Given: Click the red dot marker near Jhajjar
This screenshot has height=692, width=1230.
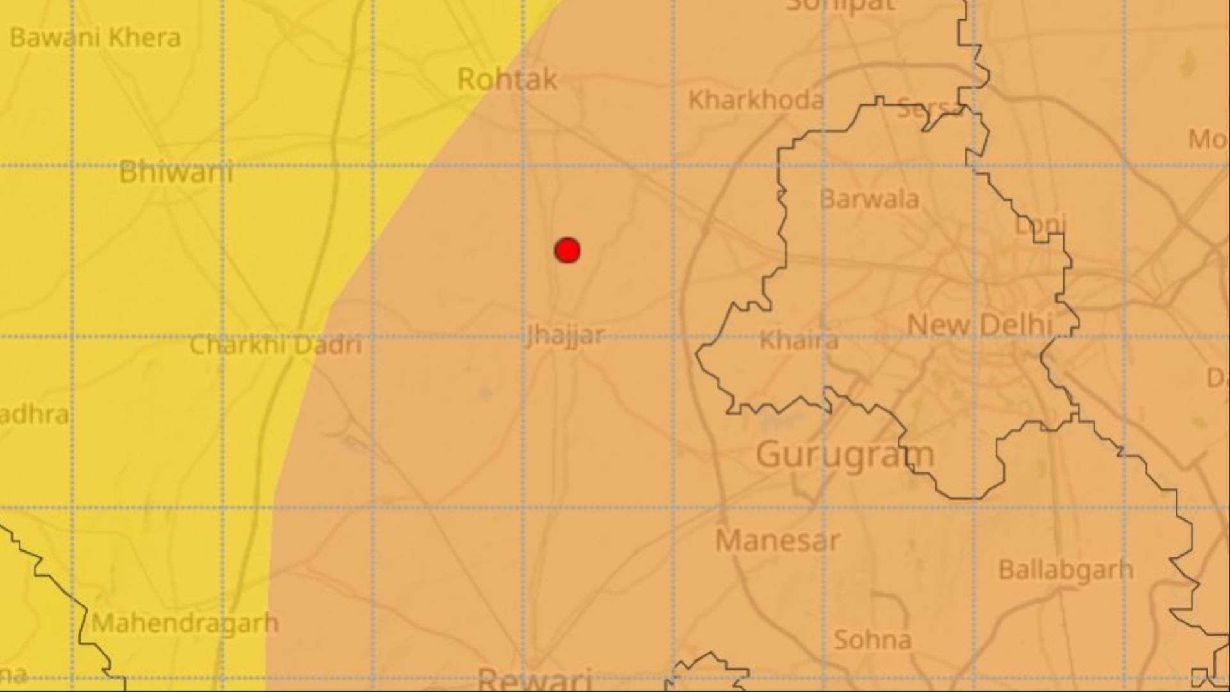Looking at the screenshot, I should pos(568,251).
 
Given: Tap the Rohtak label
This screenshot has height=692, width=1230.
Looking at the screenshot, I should pos(507,80).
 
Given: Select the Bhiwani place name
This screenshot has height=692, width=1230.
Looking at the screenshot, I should pos(176,172).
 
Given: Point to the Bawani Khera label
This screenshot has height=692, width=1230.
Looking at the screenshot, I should pos(95,38).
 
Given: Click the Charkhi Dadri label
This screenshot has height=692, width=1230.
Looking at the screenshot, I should pos(276,345).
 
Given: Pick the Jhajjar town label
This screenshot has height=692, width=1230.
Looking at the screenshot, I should pos(564,335).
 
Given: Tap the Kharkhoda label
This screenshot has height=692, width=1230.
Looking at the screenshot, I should pos(756,100).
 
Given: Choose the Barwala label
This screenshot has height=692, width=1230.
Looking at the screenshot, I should pos(869,199).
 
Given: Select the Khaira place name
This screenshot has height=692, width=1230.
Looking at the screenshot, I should pos(799,341).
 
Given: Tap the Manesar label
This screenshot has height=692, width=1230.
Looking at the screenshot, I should pos(777,541).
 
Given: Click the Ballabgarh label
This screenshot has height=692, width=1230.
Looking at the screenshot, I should pos(1066,570).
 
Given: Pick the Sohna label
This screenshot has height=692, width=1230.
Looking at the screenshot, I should pos(873,639).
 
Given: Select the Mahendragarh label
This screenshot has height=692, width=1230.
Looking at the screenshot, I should pos(185,623).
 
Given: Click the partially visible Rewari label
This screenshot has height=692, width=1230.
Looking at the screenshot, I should pos(534,679).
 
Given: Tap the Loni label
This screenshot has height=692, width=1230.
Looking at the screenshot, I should pos(1040,224).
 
